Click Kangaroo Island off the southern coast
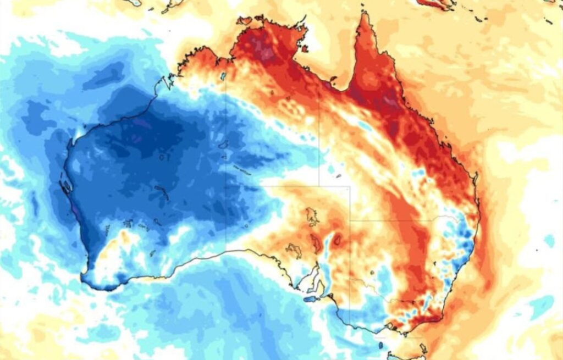(311, 300)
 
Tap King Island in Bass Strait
(380, 345)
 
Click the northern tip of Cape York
(363, 15)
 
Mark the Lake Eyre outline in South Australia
(312, 217)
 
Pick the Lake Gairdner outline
(294, 251)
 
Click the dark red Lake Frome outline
(336, 240)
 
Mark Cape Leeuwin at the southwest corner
(84, 274)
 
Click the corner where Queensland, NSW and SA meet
(350, 221)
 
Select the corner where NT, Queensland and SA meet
(319, 186)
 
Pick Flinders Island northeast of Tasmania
(423, 348)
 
